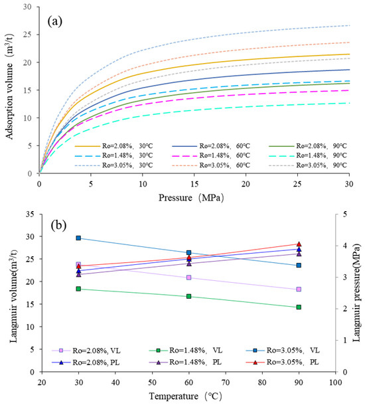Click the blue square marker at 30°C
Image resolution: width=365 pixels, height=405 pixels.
tap(78, 238)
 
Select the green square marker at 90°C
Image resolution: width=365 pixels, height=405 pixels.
tap(299, 307)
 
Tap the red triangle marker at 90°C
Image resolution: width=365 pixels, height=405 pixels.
tap(299, 244)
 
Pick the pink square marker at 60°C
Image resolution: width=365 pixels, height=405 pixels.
tap(188, 278)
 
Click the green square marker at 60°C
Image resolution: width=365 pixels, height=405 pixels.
tap(188, 296)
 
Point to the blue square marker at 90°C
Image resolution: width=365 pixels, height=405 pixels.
tap(299, 266)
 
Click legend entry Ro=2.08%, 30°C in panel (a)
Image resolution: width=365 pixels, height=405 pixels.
tap(114, 146)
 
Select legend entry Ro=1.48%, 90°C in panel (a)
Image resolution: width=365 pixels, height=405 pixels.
tap(308, 155)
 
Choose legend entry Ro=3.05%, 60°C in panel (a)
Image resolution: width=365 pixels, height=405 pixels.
tap(211, 165)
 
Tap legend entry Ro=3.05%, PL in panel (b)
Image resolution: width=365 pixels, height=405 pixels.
tap(283, 362)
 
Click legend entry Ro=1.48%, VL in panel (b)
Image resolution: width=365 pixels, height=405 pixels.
tap(186, 351)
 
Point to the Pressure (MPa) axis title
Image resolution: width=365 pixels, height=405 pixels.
tap(191, 198)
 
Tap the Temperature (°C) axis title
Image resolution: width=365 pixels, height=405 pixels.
tap(185, 396)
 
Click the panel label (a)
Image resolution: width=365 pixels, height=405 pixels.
tap(55, 22)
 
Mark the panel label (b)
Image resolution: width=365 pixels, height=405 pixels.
tap(58, 225)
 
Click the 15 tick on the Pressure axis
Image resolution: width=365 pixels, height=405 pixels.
tap(194, 184)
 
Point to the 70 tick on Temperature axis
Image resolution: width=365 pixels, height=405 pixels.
tap(226, 382)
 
